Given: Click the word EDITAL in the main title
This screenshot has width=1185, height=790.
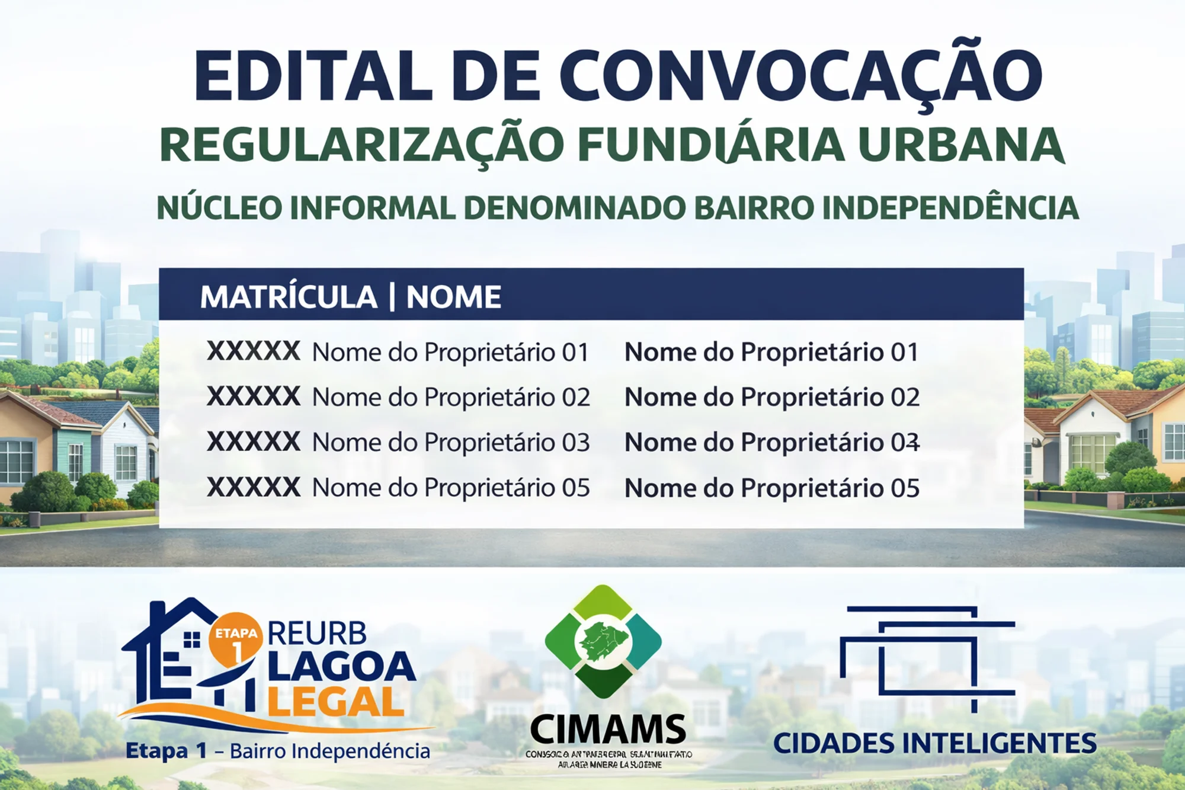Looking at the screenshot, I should [x=314, y=76].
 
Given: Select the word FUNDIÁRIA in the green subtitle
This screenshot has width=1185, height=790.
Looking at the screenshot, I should [x=711, y=145].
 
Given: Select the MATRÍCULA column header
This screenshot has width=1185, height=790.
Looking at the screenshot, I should [x=289, y=297].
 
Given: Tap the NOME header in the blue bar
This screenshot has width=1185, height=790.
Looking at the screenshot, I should [x=453, y=297].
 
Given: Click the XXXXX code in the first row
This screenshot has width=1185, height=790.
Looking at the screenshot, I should [x=254, y=351].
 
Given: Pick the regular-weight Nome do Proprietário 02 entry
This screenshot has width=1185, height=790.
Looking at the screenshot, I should [x=451, y=398].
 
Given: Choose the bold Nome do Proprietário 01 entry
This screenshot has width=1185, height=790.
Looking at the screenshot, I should [x=771, y=353].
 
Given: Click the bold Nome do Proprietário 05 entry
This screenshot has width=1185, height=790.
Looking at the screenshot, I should [x=771, y=488].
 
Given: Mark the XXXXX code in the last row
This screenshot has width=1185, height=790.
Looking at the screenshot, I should [x=254, y=487].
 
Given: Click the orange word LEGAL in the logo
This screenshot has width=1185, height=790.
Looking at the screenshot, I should [x=335, y=703].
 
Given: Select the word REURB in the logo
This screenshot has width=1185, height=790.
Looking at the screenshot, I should [x=317, y=634].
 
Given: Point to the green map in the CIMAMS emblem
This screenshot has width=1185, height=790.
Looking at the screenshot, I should [x=603, y=642].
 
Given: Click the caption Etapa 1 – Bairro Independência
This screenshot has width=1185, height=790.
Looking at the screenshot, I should [x=278, y=751].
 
